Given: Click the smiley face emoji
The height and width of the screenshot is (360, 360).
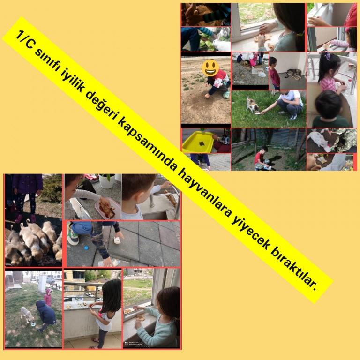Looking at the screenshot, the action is (210, 68).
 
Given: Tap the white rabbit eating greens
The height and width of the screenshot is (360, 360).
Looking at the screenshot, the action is (221, 41).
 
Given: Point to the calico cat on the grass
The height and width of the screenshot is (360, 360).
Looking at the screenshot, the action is (253, 105).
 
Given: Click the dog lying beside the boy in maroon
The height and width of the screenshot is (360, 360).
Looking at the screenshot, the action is (293, 74).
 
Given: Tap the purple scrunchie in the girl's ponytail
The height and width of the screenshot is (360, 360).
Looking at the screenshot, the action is (328, 56).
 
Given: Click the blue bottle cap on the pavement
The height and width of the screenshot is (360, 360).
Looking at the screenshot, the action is (86, 247).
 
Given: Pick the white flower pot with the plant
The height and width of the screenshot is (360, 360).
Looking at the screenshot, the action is (107, 181).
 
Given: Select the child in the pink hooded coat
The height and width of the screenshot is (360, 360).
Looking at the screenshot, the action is (48, 297).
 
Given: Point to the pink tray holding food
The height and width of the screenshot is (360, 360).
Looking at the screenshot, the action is (108, 209).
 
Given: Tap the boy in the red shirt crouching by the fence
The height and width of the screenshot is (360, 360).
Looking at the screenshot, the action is (261, 158).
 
